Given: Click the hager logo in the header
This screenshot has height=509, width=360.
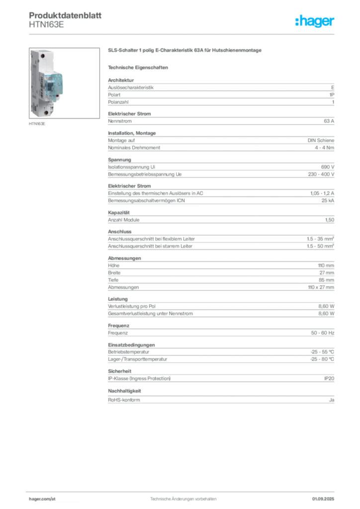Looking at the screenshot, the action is (x=314, y=21).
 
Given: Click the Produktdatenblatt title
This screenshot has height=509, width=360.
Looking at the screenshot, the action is (x=65, y=15).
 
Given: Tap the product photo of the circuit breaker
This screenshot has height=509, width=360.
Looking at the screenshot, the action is (x=64, y=83).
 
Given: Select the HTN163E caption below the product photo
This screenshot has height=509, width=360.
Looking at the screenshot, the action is (x=37, y=124).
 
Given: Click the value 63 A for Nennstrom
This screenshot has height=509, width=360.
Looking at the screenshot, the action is (x=329, y=121).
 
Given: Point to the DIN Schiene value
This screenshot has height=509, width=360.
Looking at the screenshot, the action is (x=321, y=140).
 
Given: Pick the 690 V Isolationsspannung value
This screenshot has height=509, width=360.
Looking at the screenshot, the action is (x=328, y=167).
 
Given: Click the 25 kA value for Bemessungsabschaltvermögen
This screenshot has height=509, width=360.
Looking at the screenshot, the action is (x=328, y=201).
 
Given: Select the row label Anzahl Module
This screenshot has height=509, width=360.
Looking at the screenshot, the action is (x=124, y=220).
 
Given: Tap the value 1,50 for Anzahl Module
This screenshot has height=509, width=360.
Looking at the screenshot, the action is (x=330, y=220).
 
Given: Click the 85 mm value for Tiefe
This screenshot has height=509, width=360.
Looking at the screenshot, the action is (x=326, y=280).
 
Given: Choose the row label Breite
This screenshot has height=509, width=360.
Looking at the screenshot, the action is (x=114, y=273).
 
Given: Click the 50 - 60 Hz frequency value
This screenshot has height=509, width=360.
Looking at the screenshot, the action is (x=323, y=333).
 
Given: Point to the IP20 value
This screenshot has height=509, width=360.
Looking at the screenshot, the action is (x=329, y=378).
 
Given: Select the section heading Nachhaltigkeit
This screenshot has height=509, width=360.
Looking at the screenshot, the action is (x=124, y=391).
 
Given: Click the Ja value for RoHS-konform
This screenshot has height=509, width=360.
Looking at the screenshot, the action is (x=332, y=400).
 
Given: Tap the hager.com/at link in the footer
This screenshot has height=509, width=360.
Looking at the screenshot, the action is (x=42, y=499).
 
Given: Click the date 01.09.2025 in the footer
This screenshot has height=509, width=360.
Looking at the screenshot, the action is (x=323, y=499).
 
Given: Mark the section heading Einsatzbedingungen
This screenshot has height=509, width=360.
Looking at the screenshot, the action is (x=131, y=345).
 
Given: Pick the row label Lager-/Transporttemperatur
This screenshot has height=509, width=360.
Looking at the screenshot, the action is (x=138, y=359).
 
